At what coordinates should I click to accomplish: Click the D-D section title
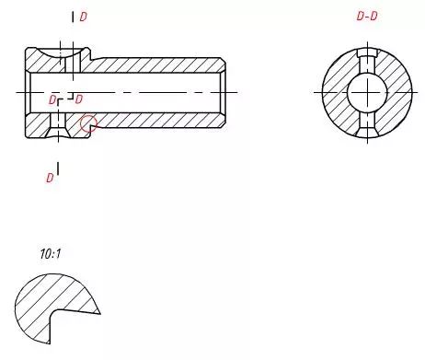[x=367, y=16]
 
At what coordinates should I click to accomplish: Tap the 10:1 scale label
[x=51, y=254]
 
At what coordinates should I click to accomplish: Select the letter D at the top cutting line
[x=83, y=17]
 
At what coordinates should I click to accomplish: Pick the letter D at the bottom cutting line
[x=50, y=178]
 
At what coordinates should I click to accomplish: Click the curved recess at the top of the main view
[x=59, y=52]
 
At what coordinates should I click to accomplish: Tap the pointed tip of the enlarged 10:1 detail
[x=100, y=313]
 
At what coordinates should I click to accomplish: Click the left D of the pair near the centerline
[x=52, y=100]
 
